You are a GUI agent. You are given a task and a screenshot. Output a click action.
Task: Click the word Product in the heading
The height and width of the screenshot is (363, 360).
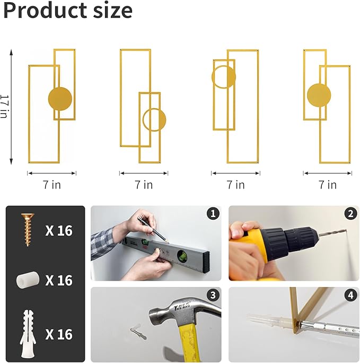click(45, 11)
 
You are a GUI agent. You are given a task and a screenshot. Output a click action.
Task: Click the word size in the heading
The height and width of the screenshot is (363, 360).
click(112, 11)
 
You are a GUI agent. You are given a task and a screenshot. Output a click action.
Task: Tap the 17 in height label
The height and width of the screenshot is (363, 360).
click(4, 107)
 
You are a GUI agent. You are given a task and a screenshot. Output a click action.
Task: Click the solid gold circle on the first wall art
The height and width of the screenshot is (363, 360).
click(60, 99)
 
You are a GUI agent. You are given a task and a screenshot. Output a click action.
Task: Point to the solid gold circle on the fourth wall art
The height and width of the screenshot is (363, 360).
click(319, 95)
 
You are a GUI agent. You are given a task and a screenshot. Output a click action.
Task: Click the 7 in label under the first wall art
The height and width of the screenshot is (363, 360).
click(52, 185)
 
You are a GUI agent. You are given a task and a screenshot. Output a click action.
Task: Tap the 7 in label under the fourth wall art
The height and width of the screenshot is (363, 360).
click(328, 185)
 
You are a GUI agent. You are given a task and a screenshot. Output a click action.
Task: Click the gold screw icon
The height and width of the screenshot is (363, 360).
click(28, 229)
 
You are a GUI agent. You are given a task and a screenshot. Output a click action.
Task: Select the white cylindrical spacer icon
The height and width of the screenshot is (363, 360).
click(28, 280)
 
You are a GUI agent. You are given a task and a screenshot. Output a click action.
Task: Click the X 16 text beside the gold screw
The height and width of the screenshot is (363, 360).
click(59, 230)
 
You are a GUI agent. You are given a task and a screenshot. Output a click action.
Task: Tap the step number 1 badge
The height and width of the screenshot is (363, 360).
click(213, 213)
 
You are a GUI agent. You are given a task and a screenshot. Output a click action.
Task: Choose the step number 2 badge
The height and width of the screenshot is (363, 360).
click(351, 213)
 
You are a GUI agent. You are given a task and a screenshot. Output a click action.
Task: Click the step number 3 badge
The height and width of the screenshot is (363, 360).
click(213, 295)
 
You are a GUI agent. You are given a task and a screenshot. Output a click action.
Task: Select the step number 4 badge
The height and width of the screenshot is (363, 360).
click(351, 295)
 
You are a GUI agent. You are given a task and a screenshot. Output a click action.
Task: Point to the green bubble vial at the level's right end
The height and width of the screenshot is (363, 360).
click(182, 256)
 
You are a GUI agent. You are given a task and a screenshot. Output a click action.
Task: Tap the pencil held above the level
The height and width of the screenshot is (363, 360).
click(153, 230)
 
